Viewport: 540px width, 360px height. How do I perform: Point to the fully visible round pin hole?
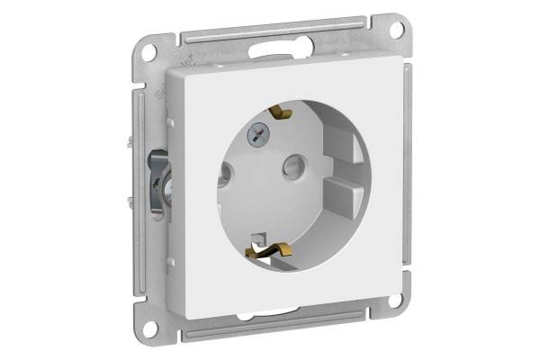pos(292,166)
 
